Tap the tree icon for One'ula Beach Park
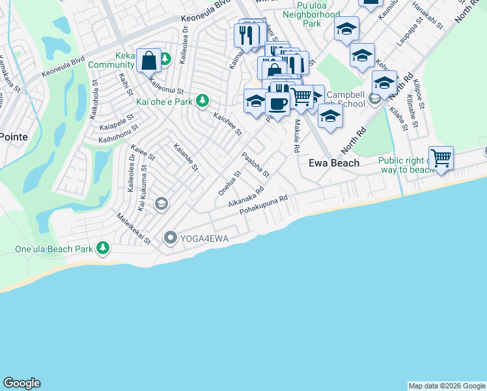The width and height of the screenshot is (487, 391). pyautogui.click(x=103, y=248)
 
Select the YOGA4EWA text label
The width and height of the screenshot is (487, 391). pyautogui.click(x=205, y=239)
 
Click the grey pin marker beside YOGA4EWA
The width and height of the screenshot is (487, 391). pyautogui.click(x=171, y=238)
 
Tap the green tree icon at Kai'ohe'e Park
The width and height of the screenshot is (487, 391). pyautogui.click(x=203, y=100)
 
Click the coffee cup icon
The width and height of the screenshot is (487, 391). pyautogui.click(x=277, y=103)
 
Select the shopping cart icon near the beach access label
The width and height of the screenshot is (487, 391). pyautogui.click(x=441, y=157)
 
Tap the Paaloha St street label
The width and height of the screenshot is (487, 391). pyautogui.click(x=255, y=165)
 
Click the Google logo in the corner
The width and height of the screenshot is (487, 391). pyautogui.click(x=21, y=383)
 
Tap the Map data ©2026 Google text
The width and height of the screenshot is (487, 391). pyautogui.click(x=447, y=386)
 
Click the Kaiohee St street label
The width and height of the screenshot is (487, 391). pyautogui.click(x=228, y=124)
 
